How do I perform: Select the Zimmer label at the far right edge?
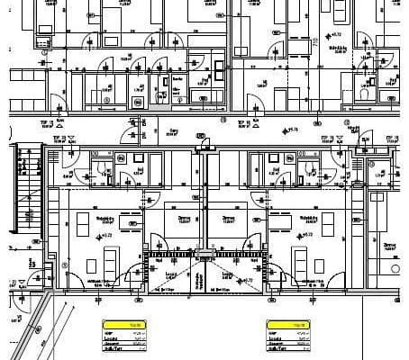point(390,245)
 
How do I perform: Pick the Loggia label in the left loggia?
point(170,274)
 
